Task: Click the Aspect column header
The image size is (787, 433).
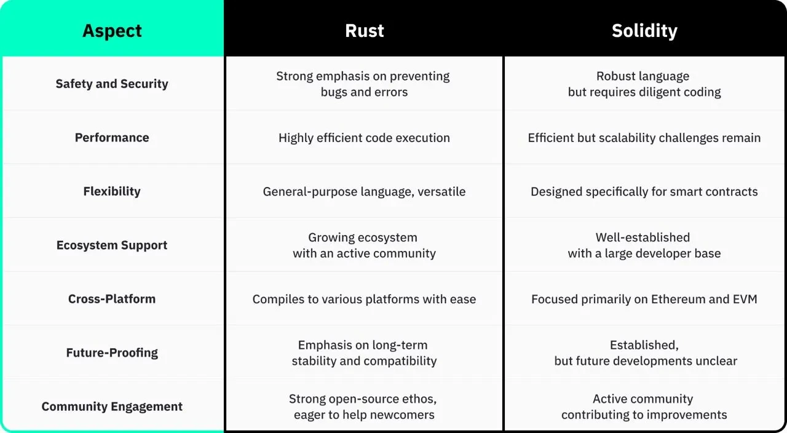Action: pyautogui.click(x=112, y=31)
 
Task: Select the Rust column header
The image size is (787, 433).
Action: pyautogui.click(x=364, y=31)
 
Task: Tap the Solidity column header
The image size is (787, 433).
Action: pyautogui.click(x=644, y=31)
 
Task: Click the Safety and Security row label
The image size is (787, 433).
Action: pyautogui.click(x=112, y=84)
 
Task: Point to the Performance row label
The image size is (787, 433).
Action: pyautogui.click(x=112, y=138)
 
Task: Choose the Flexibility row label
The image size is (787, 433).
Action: pyautogui.click(x=112, y=191)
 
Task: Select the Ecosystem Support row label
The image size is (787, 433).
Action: pyautogui.click(x=112, y=245)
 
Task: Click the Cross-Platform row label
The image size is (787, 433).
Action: pyautogui.click(x=112, y=299)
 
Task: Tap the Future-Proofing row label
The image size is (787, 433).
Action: pyautogui.click(x=112, y=353)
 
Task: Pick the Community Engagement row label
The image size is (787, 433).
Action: pyautogui.click(x=112, y=407)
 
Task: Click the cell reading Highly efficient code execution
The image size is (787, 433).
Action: pyautogui.click(x=364, y=138)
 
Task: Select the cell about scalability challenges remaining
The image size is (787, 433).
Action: pyautogui.click(x=644, y=138)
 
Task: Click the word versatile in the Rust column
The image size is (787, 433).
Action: pyautogui.click(x=441, y=192)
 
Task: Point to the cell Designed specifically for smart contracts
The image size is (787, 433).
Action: pyautogui.click(x=644, y=192)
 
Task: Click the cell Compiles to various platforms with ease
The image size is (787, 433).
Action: pyautogui.click(x=364, y=300)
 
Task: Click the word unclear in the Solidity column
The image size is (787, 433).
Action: pyautogui.click(x=714, y=361)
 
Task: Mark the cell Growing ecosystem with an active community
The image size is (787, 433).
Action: pyautogui.click(x=364, y=245)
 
